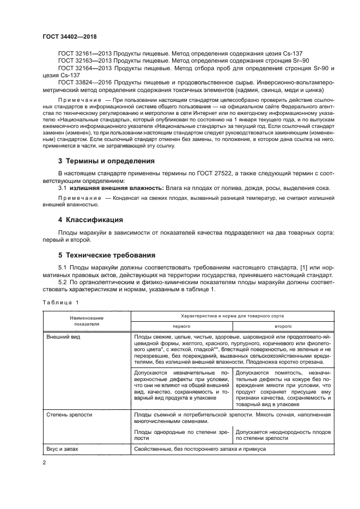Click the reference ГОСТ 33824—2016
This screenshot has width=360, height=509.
[x=81, y=82]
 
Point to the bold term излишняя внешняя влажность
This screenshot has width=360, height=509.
[x=111, y=188]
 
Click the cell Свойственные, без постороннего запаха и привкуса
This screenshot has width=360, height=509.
[x=199, y=450]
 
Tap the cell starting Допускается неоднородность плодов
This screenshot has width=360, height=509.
[x=283, y=434]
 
